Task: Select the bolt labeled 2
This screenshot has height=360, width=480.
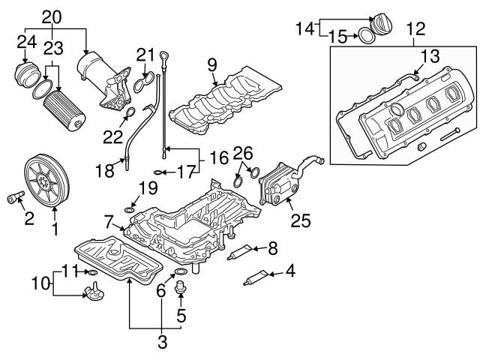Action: pyautogui.click(x=14, y=199)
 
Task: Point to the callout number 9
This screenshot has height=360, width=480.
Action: pyautogui.click(x=213, y=65)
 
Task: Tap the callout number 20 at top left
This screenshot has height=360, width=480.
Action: pyautogui.click(x=50, y=16)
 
